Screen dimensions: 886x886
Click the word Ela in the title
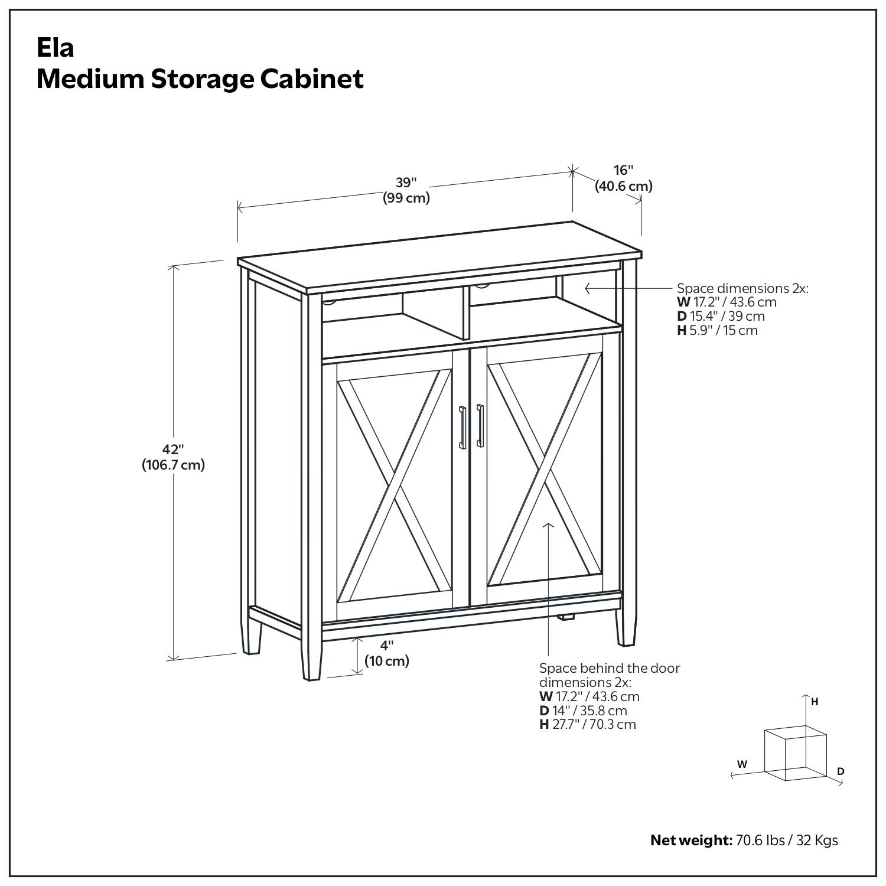[x=55, y=48]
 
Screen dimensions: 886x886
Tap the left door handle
[x=462, y=427]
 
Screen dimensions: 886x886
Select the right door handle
[x=480, y=425]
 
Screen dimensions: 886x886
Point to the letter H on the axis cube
[x=815, y=702]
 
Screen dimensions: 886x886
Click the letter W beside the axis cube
[x=742, y=764]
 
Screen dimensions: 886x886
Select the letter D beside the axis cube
[x=841, y=771]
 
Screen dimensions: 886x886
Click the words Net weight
[x=690, y=840]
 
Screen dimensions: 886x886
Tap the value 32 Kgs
[x=817, y=840]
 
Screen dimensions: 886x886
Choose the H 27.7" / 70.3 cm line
[x=588, y=724]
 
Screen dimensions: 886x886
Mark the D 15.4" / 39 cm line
[x=721, y=316]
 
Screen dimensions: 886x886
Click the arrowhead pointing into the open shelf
[x=588, y=288]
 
